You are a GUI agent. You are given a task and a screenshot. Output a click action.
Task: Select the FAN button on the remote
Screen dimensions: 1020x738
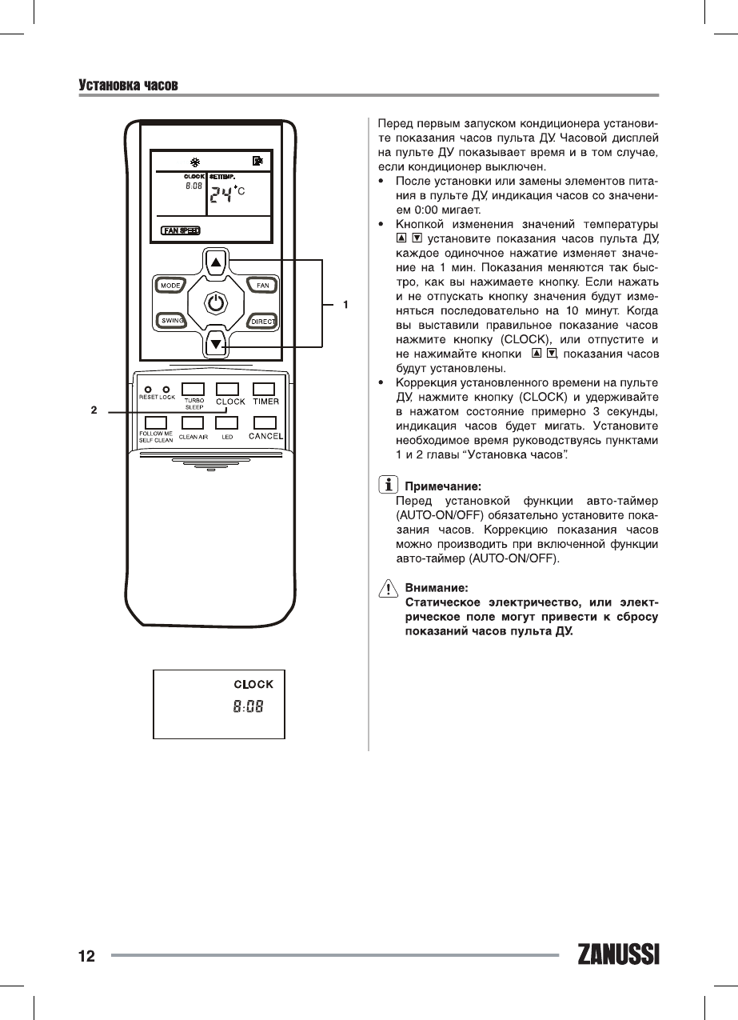(261, 286)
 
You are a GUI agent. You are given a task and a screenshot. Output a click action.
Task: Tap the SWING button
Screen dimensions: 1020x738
(171, 321)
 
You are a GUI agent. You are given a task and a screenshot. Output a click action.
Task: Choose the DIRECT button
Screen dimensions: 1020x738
(262, 322)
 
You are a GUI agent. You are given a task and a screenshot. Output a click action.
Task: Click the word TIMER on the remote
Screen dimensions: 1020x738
(265, 402)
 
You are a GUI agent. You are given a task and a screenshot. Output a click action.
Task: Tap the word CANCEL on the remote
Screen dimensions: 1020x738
(265, 437)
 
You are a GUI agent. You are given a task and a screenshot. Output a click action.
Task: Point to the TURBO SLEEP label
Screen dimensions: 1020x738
(194, 404)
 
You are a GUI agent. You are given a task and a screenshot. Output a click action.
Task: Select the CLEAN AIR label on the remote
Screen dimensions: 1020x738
(193, 438)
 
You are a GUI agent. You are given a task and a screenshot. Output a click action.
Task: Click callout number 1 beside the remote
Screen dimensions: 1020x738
(345, 304)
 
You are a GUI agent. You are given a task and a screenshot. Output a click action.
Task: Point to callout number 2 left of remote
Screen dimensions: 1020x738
(94, 410)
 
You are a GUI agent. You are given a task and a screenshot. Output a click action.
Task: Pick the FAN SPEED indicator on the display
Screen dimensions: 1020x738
(181, 230)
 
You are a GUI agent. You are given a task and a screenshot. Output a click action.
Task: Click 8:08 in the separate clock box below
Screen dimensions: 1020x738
(248, 706)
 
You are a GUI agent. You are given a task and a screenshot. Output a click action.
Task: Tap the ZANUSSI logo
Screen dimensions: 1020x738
(618, 955)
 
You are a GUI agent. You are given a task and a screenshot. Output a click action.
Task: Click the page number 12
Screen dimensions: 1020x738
(86, 956)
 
